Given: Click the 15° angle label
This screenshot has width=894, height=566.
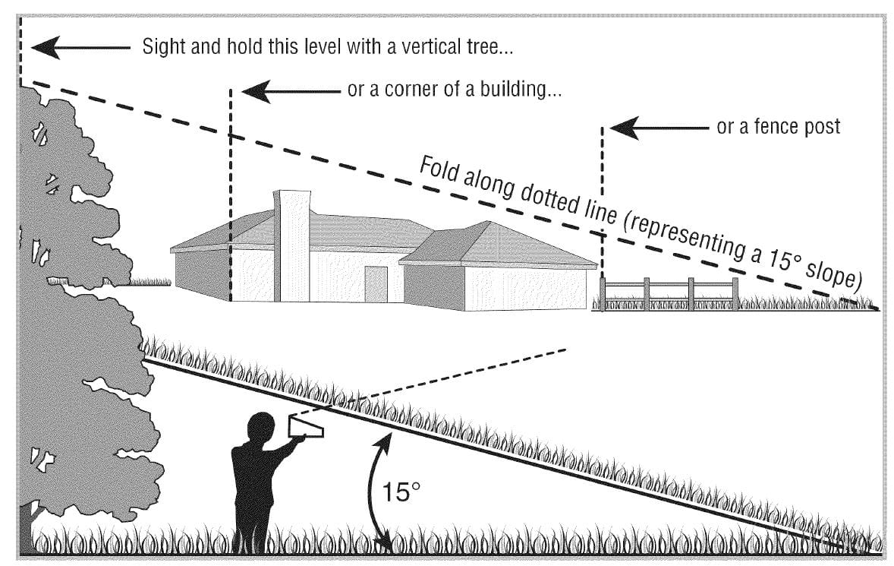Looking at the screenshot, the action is [x=400, y=492].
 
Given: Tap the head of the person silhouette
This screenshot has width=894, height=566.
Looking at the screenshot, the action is [x=261, y=428].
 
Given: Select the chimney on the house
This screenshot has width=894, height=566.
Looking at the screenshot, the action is [x=292, y=246].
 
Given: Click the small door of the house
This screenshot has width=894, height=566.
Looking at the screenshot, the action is [x=376, y=284].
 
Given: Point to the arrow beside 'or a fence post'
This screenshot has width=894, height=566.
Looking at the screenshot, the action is [x=659, y=128].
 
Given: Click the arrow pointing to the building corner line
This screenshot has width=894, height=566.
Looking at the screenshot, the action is [x=291, y=90].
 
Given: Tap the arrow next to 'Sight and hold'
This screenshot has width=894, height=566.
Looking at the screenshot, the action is [x=80, y=47].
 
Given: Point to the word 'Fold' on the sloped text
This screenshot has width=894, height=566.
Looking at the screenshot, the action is [x=439, y=169].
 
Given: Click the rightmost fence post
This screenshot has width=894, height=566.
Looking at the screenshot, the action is [x=735, y=294].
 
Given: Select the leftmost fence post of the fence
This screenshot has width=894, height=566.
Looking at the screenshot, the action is [x=603, y=294].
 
